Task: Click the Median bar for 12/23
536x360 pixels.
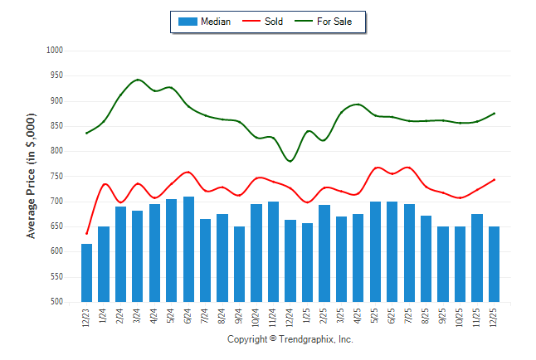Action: [86, 273]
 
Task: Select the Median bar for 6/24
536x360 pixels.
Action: [188, 249]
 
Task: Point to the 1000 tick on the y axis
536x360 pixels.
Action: [56, 51]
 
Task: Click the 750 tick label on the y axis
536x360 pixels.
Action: [56, 177]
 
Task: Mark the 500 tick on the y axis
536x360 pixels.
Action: [56, 302]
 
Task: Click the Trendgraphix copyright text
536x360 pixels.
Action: [290, 339]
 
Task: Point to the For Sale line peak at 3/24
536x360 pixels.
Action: [138, 80]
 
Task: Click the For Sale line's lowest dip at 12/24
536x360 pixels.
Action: [290, 161]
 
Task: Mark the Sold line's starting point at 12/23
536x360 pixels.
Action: [86, 234]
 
